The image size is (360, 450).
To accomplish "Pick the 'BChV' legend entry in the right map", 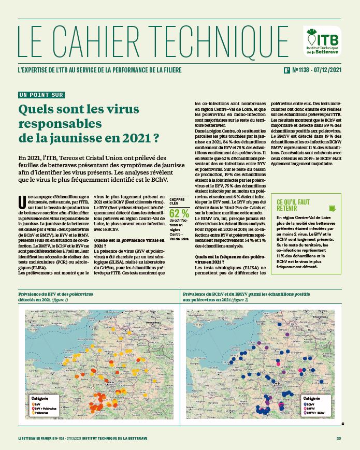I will tap(309, 403).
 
